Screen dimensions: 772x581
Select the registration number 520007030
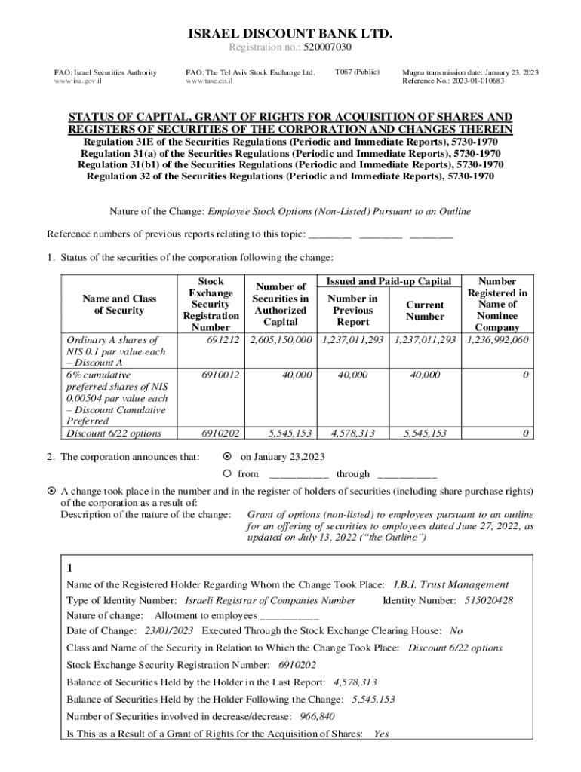tap(327, 47)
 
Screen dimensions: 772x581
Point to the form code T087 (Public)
tap(356, 72)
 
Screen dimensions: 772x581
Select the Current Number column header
tap(425, 311)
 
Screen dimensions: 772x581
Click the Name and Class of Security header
tap(114, 305)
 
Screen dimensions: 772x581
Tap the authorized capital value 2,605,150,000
tap(281, 340)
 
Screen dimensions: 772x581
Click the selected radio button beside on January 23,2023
tap(227, 457)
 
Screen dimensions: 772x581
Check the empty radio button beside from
tap(227, 474)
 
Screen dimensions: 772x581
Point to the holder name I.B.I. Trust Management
tap(451, 584)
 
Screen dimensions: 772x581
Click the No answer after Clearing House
tap(456, 631)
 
